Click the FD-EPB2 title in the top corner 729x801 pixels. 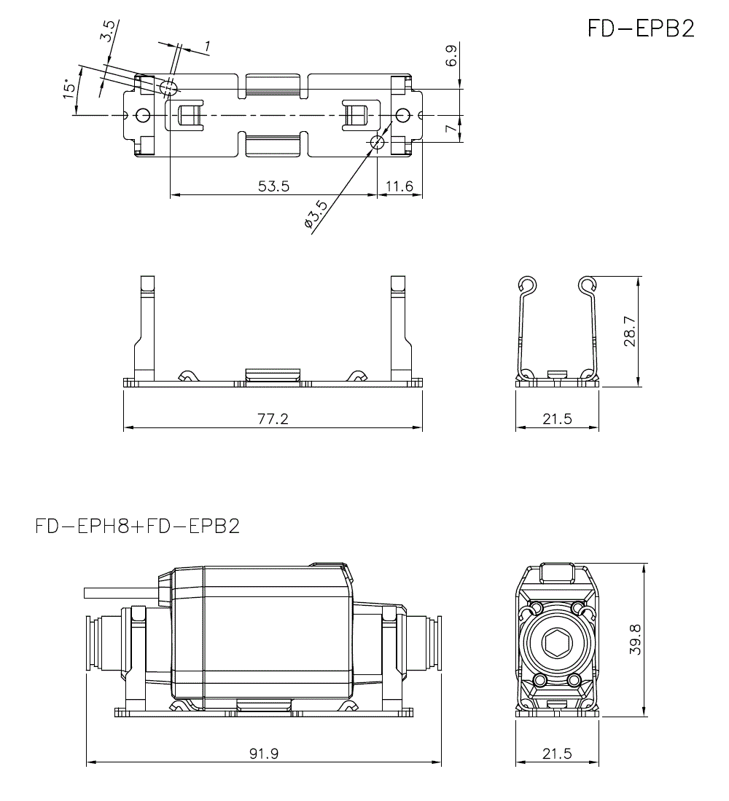pos(641,28)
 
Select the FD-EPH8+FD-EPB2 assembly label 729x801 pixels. pos(137,525)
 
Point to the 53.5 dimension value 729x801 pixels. pos(273,186)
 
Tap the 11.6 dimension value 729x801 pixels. pos(399,186)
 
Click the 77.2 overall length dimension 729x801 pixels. pos(273,419)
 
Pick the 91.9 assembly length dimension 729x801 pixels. pos(263,754)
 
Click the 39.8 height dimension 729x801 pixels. pos(635,639)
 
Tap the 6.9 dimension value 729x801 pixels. pos(451,56)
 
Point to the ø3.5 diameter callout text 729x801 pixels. pos(316,216)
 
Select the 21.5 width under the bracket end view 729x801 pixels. pos(557,419)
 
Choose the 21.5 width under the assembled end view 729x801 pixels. pos(557,754)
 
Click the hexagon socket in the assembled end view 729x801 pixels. pos(557,643)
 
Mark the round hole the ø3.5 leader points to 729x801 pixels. pos(377,142)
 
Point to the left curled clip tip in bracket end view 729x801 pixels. pos(528,285)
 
